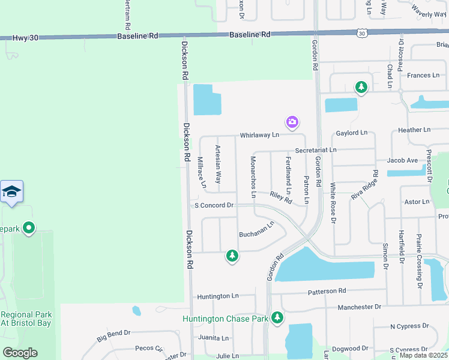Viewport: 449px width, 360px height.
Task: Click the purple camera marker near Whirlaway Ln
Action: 292,122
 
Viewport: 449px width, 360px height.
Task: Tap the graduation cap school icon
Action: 12,191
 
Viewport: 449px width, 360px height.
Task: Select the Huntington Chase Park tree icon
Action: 277,317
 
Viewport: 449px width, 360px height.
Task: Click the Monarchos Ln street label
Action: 253,176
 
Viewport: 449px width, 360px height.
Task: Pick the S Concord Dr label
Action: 214,205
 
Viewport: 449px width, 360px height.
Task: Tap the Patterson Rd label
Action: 327,291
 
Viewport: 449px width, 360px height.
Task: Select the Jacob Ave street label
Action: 402,160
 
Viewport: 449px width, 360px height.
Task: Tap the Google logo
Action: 20,353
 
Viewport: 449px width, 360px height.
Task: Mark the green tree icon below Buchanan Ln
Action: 232,256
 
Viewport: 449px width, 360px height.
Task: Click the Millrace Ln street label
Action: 202,170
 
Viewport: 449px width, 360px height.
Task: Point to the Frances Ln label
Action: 423,75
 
